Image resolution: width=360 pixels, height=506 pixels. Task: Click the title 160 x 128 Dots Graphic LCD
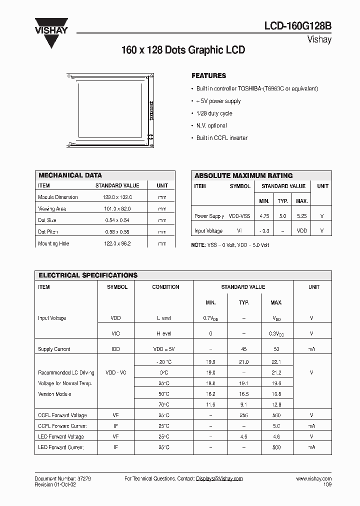pos(183,50)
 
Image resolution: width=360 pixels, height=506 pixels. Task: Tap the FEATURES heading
pos(208,76)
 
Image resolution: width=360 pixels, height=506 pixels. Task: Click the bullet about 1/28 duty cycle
pos(214,113)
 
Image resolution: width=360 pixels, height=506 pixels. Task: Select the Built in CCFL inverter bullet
pos(221,138)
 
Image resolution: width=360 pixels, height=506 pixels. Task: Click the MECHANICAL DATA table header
pos(70,175)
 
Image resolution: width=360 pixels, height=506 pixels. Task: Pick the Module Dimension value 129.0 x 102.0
pos(113,197)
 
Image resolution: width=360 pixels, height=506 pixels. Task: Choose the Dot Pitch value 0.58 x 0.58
pos(113,232)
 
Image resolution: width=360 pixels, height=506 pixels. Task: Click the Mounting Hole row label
pos(53,244)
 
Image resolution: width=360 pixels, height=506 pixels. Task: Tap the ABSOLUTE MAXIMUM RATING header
pos(243,176)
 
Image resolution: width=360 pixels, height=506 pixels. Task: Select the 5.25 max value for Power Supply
pos(301,216)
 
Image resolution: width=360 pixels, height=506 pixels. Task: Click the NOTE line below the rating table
pos(230,245)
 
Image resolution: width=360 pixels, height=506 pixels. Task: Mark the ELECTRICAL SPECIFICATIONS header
pos(87,275)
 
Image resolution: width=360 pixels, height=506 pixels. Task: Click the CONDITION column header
pos(165,287)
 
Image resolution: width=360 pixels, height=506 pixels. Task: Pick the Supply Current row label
pos(54,349)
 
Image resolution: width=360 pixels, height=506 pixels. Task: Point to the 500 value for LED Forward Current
pos(276,447)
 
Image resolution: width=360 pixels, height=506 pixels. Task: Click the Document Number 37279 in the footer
pos(62,479)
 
